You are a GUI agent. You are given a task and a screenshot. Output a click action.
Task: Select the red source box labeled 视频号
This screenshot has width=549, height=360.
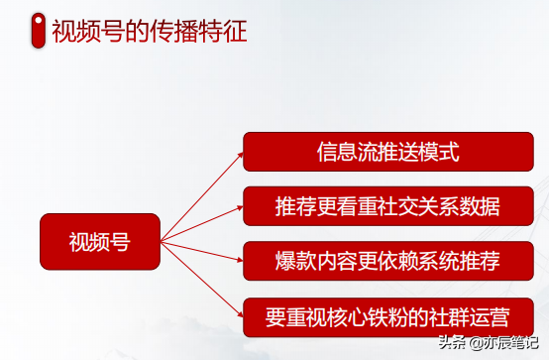pyautogui.click(x=99, y=241)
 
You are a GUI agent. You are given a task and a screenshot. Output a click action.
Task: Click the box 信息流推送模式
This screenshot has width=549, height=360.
pyautogui.click(x=387, y=152)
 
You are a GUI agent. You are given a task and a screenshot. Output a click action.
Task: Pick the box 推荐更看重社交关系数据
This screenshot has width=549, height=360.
pyautogui.click(x=387, y=207)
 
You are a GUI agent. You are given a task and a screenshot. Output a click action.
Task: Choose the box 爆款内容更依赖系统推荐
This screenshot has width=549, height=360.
pyautogui.click(x=387, y=262)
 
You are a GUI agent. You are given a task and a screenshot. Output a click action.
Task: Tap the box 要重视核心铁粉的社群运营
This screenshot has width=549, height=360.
pyautogui.click(x=387, y=317)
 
